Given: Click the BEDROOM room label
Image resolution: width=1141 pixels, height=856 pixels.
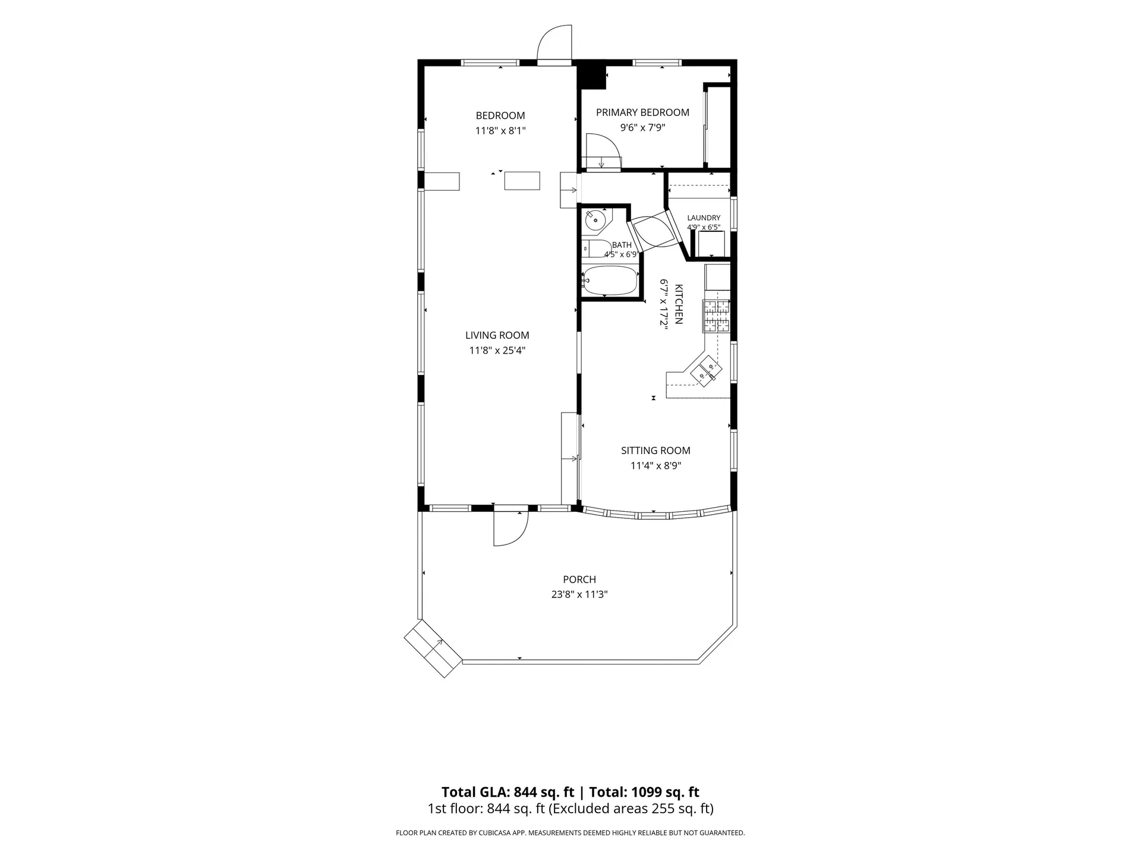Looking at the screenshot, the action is [500, 115].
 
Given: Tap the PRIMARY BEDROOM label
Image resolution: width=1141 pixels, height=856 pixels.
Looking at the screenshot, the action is [642, 112].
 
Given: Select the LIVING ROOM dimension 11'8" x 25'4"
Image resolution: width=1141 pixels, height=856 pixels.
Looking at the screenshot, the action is [497, 351].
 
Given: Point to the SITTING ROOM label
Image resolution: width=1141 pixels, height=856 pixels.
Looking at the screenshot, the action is [655, 451].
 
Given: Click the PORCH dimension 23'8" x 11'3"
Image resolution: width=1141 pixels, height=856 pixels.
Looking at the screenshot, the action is [579, 594].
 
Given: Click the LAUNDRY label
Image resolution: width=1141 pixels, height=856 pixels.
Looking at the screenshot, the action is [704, 218].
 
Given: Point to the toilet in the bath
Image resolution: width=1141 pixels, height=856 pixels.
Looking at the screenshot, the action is [597, 248].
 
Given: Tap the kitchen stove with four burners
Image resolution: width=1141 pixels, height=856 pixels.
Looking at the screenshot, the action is [717, 316].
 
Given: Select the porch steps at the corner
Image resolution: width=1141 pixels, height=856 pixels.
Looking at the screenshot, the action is [433, 649].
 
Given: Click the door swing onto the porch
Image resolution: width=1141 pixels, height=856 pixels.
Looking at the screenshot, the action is [511, 529].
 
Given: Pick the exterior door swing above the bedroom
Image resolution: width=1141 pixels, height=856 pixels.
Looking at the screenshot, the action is [555, 42].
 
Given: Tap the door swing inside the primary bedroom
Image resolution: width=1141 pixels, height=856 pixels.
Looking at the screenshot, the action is [603, 151].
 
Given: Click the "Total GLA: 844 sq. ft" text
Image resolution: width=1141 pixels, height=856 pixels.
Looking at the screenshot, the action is [508, 792].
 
